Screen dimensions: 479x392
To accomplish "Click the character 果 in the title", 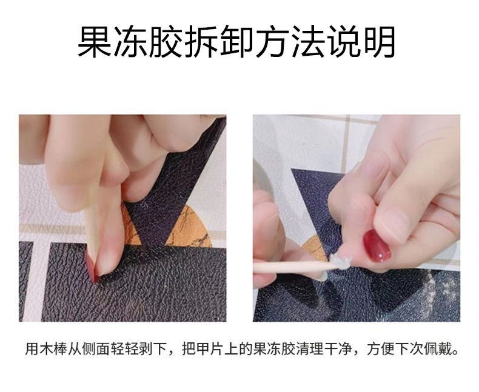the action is pyautogui.click(x=95, y=42).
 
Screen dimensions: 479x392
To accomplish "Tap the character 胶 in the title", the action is pyautogui.click(x=166, y=42).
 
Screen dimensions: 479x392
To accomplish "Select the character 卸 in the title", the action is pyautogui.click(x=236, y=42).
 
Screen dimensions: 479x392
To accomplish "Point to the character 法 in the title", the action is pyautogui.click(x=307, y=42).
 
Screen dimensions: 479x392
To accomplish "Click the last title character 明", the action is pyautogui.click(x=378, y=42).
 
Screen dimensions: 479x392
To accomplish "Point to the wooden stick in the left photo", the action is pyautogui.click(x=92, y=226).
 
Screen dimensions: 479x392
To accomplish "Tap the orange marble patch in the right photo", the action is pyautogui.click(x=315, y=249).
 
